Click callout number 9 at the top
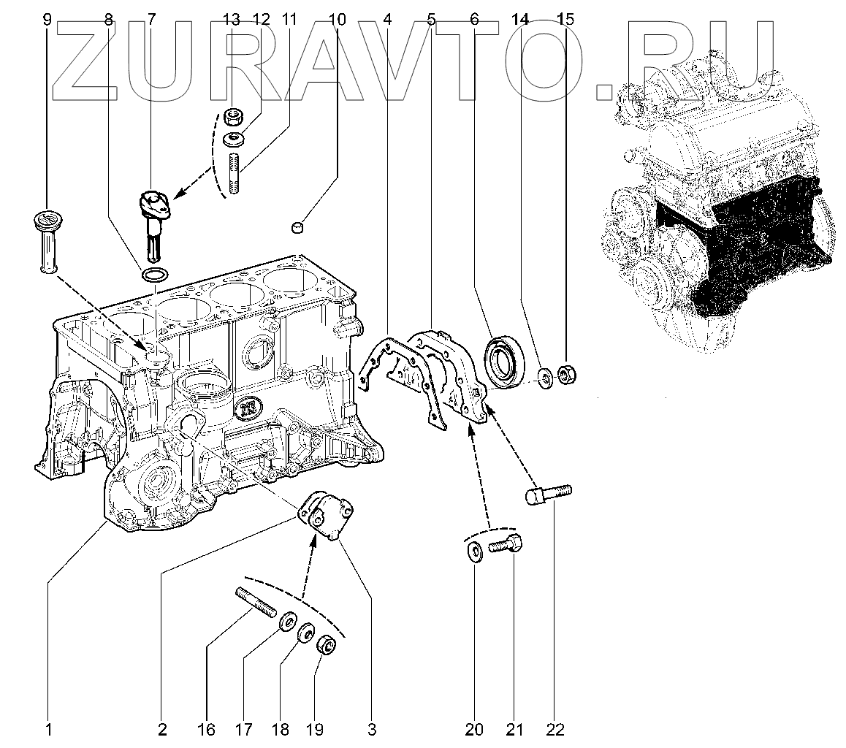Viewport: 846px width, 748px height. coord(47,20)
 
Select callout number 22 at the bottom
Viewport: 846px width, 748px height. coord(555,728)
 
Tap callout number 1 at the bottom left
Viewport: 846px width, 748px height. coord(48,728)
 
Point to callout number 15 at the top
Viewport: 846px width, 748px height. coord(565,20)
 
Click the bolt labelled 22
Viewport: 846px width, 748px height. coord(548,495)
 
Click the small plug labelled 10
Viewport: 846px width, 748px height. coord(298,229)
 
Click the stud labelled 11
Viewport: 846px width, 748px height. coord(235,171)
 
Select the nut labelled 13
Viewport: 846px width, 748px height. coord(234,116)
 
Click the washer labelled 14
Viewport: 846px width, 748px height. coord(545,378)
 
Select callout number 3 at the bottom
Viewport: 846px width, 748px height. coord(372,728)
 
